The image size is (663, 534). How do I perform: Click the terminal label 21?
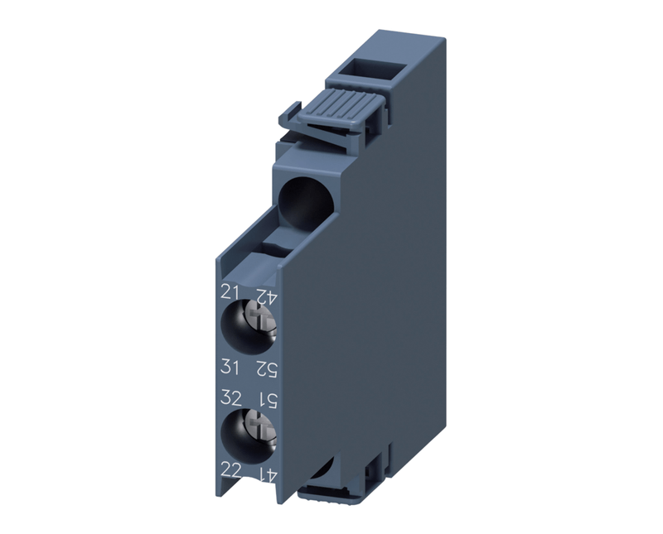230,292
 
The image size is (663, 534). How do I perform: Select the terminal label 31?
230,368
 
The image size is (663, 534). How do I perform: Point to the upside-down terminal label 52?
266,371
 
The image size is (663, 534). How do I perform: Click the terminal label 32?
231,398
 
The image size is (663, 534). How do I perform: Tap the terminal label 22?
231,470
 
